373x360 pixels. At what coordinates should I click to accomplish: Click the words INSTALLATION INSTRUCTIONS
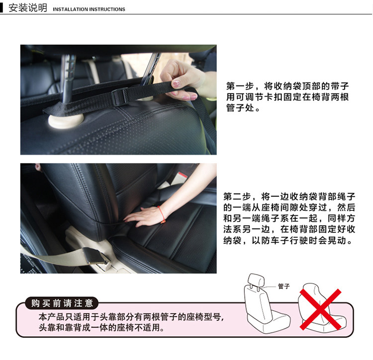pos(89,9)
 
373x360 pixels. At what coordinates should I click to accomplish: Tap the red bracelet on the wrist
pos(161,213)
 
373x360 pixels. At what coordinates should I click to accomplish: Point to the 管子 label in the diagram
pos(283,286)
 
